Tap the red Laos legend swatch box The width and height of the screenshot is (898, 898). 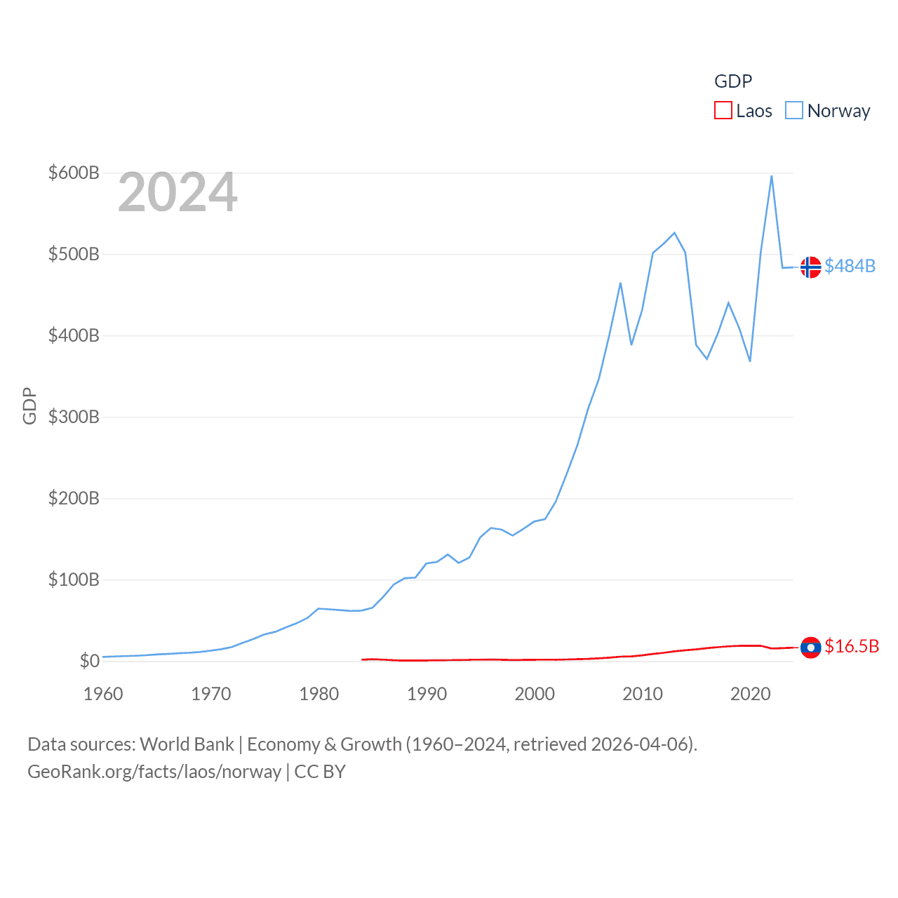click(723, 111)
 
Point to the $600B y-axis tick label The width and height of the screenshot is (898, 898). click(74, 173)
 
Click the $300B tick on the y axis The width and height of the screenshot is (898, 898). click(74, 417)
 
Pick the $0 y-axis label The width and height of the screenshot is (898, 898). click(89, 661)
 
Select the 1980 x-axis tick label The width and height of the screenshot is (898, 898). click(319, 694)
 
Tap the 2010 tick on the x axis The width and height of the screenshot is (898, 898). click(643, 694)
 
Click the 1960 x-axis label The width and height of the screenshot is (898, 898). click(103, 694)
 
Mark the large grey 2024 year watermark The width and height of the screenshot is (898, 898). click(177, 193)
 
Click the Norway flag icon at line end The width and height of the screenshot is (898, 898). click(810, 267)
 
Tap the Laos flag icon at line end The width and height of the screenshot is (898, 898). click(810, 647)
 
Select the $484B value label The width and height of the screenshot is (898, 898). click(850, 267)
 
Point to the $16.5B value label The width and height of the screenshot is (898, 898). click(852, 646)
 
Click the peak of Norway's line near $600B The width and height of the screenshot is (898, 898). click(772, 176)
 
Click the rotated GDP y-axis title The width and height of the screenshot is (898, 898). click(29, 406)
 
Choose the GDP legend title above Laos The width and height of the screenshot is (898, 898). click(733, 81)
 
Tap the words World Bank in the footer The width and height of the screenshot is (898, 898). click(187, 744)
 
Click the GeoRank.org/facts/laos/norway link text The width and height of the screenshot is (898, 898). click(154, 772)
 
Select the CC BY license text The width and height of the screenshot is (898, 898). click(320, 772)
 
